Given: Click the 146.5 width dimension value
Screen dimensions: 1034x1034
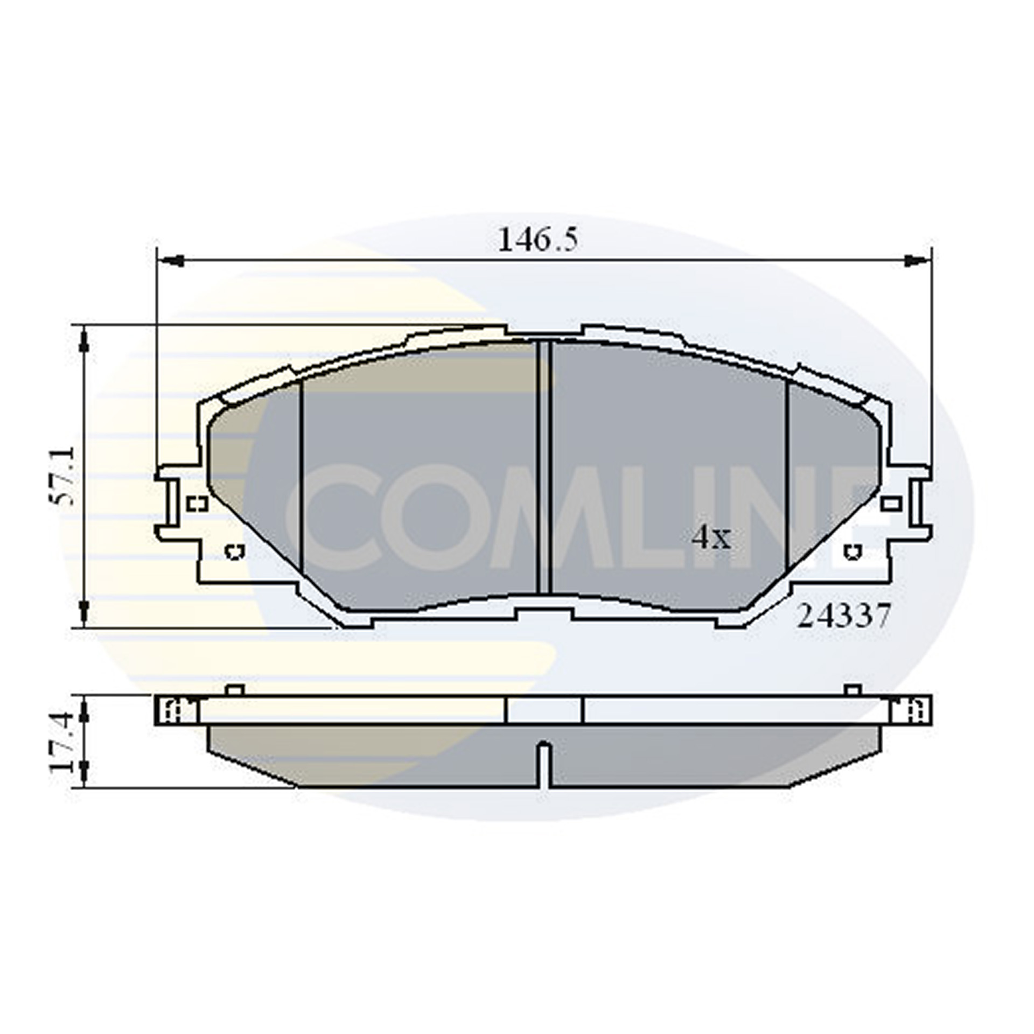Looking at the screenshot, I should (x=537, y=240).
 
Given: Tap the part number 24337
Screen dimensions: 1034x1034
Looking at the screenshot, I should (x=843, y=616).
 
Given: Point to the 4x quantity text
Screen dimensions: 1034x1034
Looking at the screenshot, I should (x=711, y=537).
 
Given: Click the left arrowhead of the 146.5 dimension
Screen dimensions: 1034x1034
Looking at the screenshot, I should (x=171, y=262).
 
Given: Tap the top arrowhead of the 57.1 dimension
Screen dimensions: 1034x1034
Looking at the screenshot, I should (x=83, y=341).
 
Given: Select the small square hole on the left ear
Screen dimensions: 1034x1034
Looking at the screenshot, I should (x=198, y=504).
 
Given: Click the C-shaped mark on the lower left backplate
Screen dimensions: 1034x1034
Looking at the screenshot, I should (x=234, y=551).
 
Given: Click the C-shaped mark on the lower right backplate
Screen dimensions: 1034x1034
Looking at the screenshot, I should (x=853, y=551).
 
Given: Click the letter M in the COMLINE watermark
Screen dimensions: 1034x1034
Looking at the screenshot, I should (x=544, y=517).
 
